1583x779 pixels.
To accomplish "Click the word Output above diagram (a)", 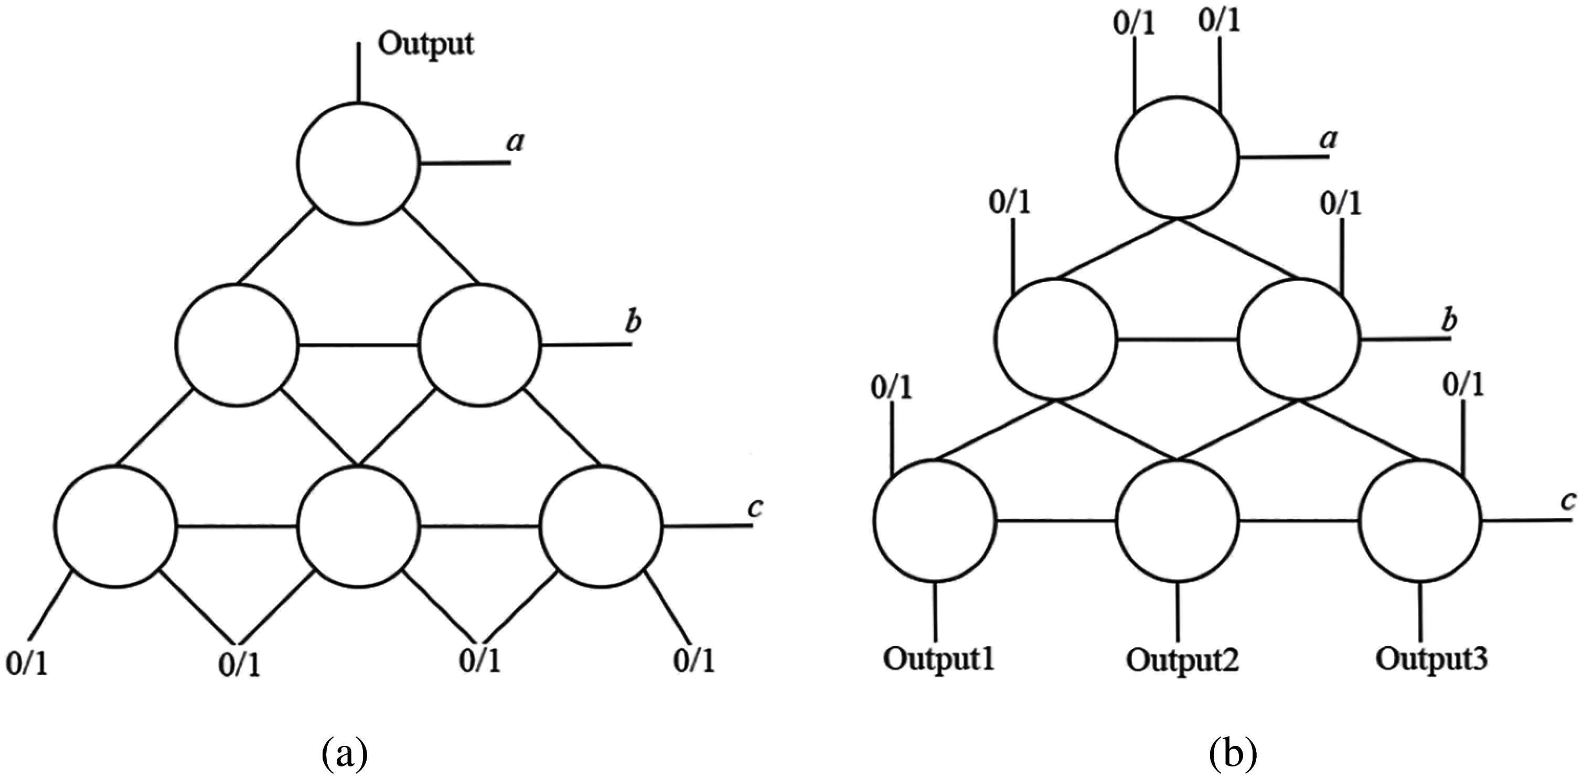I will coord(425,44).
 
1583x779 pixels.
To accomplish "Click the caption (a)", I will coord(344,754).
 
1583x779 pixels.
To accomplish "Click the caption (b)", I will coord(1233,754).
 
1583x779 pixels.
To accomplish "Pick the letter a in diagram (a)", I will coord(515,143).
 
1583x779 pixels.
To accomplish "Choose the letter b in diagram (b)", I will coord(1450,322).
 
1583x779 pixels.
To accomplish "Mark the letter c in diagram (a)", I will coord(755,507).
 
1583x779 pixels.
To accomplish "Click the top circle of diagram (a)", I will coord(358,164).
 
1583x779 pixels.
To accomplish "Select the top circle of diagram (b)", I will coord(1177,158).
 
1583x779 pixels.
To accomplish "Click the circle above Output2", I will coord(1178,521).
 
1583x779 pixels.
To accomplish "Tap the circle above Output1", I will coord(935,521).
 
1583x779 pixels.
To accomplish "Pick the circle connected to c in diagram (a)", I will coord(601,526).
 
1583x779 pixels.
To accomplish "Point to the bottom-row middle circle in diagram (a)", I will coord(358,526).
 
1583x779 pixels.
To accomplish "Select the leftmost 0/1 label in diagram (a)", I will coord(27,664).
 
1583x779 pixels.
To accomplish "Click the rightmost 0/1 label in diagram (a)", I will coord(694,661).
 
